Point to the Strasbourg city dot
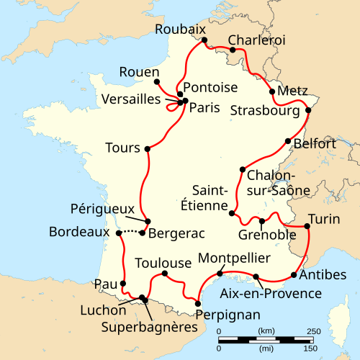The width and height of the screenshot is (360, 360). pos(308,110)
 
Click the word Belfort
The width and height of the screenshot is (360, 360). pos(316,144)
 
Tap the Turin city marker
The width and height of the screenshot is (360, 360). pos(307,227)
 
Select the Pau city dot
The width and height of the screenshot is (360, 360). pos(124,283)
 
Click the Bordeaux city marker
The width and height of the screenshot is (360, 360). pos(118,233)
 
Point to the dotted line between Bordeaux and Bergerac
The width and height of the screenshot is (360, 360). pos(130,231)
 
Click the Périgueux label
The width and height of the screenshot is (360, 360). pos(102,208)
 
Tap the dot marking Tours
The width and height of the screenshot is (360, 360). pos(147,149)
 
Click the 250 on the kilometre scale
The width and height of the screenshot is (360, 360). pos(313,330)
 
